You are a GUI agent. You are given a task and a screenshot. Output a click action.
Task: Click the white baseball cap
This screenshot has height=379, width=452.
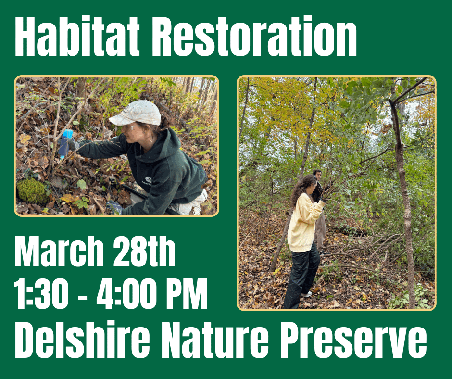[x=136, y=113]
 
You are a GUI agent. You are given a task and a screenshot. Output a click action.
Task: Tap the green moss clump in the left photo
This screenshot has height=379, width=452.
[x=33, y=190]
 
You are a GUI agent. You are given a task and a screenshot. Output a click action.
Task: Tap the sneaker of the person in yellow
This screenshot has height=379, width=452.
[x=306, y=294]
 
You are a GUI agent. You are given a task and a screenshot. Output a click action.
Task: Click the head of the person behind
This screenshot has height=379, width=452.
[x=317, y=174]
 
